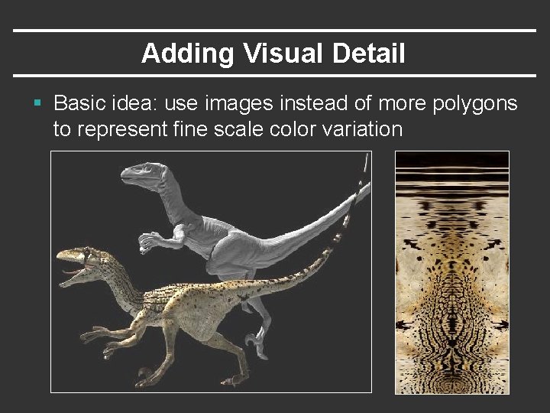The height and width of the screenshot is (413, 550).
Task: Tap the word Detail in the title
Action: (x=369, y=54)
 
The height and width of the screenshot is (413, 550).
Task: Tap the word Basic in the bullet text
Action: (x=80, y=103)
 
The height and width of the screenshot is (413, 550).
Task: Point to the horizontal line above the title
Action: (x=275, y=31)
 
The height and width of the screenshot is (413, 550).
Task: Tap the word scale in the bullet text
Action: (x=234, y=129)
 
